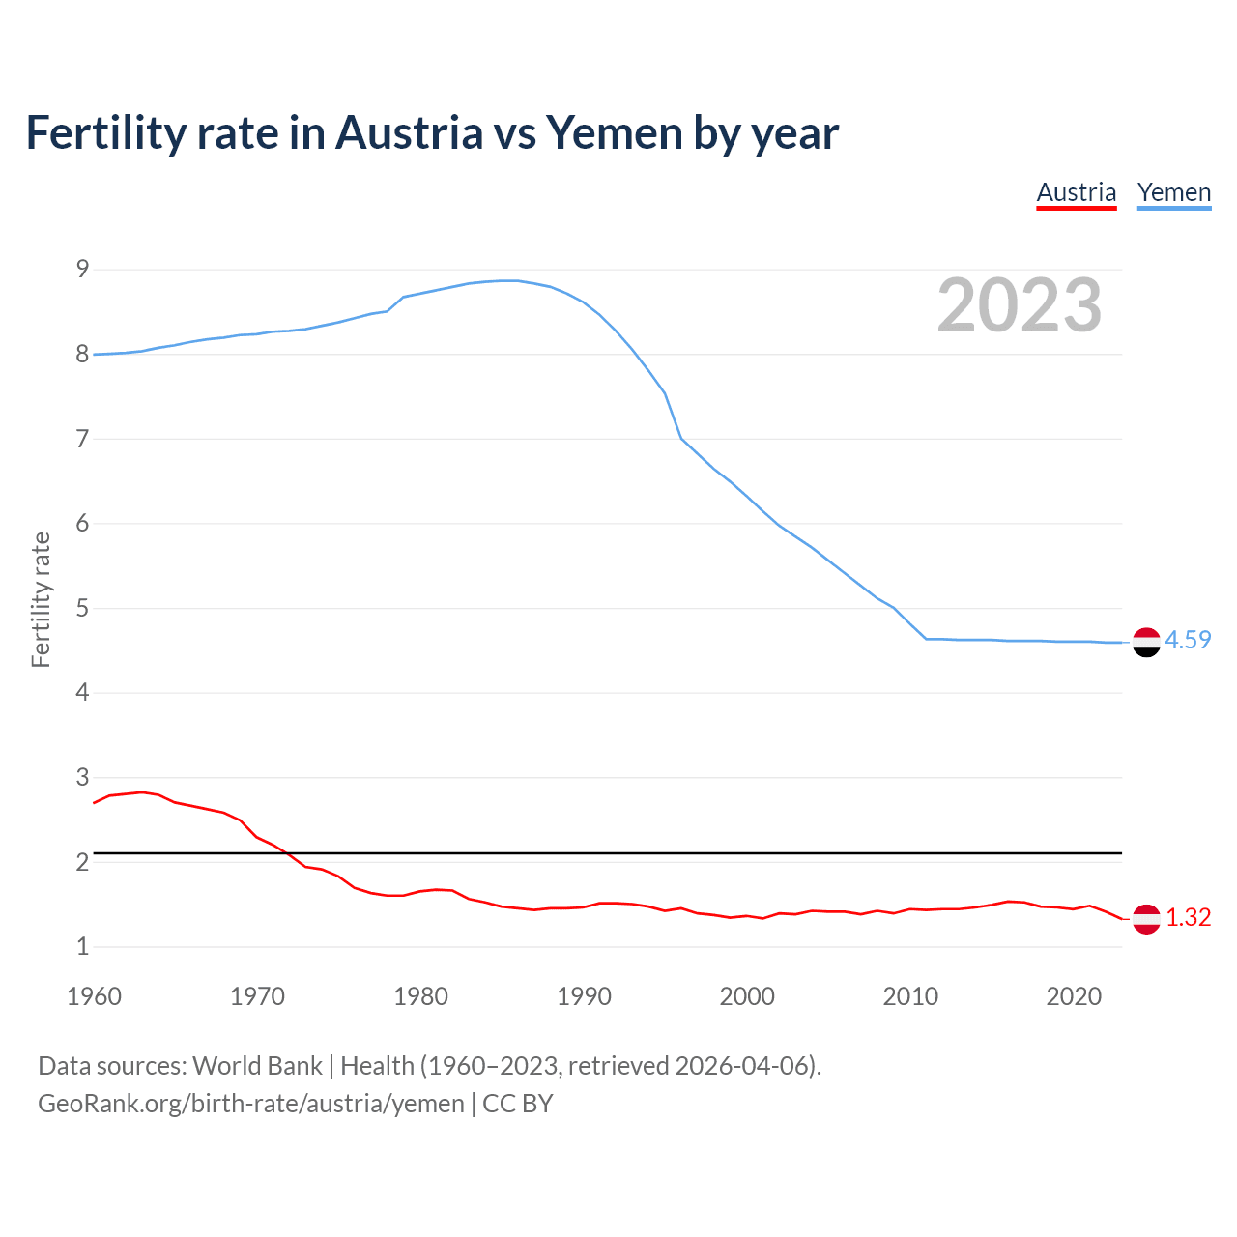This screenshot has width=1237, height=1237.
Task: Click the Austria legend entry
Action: (1076, 192)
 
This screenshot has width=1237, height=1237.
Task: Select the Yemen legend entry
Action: (1173, 192)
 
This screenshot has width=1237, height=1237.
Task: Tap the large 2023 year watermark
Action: (1019, 305)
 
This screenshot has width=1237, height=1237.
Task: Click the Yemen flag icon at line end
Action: (1146, 642)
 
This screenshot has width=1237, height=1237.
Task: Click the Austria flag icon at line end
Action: (1146, 919)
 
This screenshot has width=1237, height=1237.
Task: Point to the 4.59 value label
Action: (1188, 640)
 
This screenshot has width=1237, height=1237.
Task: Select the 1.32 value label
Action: (1188, 917)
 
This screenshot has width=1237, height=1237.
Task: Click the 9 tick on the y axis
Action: (82, 269)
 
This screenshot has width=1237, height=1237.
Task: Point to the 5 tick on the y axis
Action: (82, 608)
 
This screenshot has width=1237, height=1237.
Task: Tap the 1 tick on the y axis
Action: (82, 946)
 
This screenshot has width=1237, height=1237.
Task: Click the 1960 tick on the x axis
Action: (94, 996)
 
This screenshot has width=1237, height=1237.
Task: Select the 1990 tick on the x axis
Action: (584, 996)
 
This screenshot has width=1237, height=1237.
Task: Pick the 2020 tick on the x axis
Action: (1074, 996)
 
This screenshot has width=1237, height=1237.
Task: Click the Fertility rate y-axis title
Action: (41, 599)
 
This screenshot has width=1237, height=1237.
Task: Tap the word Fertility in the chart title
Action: (104, 133)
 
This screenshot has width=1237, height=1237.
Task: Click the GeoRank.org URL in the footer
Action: (251, 1104)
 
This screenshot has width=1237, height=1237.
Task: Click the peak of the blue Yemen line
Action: (509, 280)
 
